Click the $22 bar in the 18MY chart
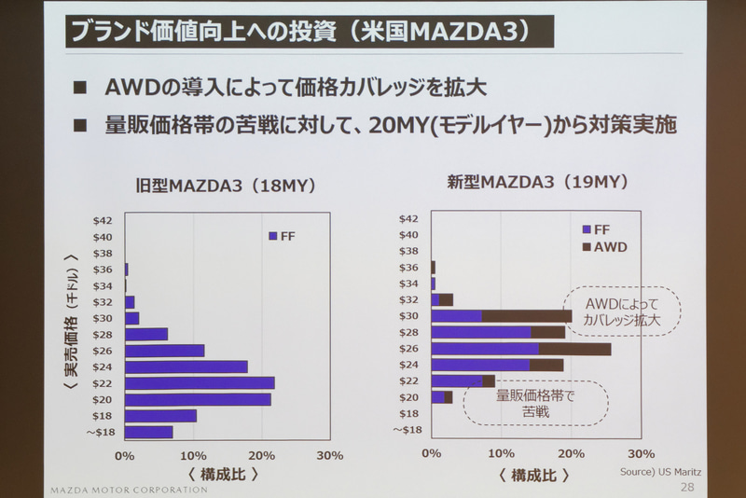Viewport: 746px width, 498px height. tap(200, 382)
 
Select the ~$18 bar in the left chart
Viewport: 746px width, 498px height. tap(149, 432)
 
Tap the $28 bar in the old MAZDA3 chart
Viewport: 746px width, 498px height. tap(146, 334)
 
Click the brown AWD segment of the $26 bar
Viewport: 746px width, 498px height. tap(574, 349)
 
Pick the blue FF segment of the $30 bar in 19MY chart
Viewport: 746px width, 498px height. tap(457, 316)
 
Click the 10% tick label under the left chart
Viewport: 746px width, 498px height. tap(193, 455)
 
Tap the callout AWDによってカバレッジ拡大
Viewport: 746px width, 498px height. tap(622, 311)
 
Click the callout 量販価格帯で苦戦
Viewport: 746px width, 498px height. tap(535, 401)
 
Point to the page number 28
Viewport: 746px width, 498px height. tap(687, 487)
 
